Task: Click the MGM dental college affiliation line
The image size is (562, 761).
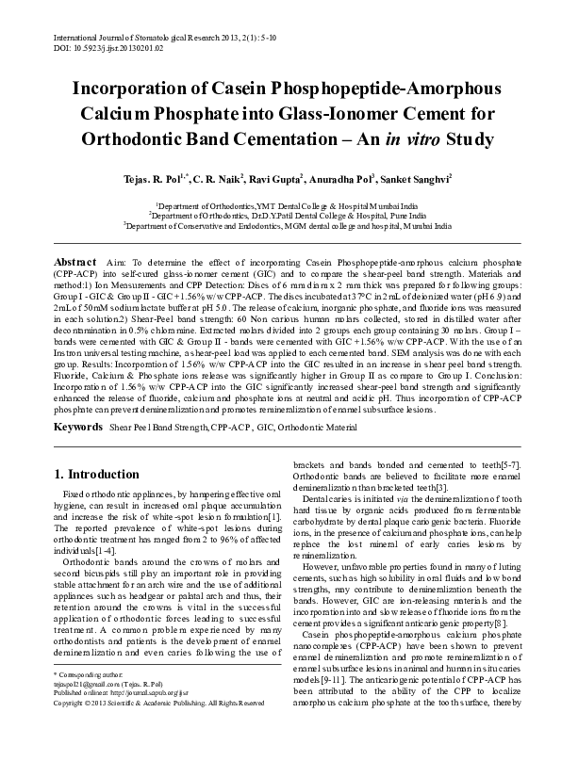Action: pyautogui.click(x=280, y=226)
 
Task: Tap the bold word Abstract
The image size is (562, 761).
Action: pyautogui.click(x=74, y=260)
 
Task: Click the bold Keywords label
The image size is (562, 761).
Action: pyautogui.click(x=78, y=427)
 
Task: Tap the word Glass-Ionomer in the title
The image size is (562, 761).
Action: pyautogui.click(x=354, y=115)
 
